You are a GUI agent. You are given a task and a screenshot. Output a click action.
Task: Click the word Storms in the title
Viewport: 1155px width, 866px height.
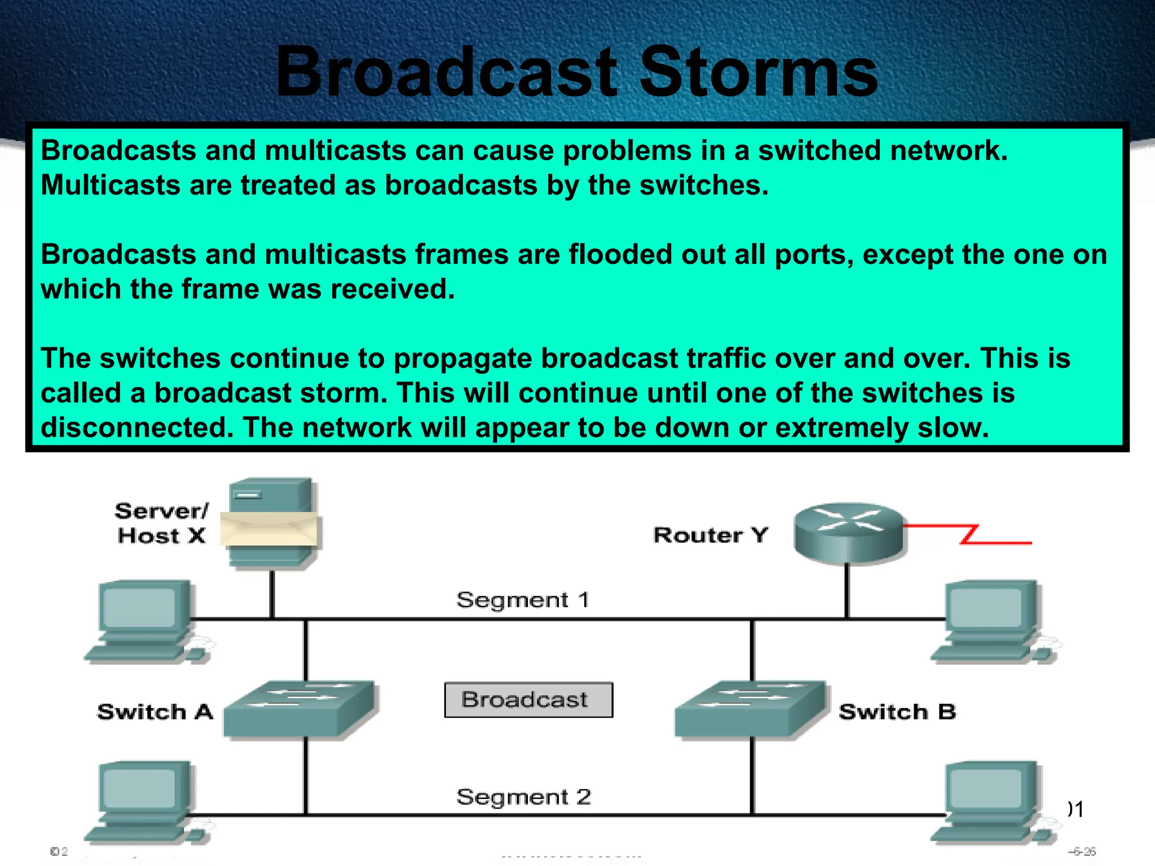click(x=759, y=73)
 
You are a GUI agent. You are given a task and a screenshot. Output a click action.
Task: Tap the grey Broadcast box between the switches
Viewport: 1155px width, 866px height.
click(x=528, y=700)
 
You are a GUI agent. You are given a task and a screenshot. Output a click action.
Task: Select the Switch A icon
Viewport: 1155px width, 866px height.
click(x=300, y=709)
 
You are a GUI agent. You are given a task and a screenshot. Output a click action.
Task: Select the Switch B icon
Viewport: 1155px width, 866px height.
click(x=751, y=709)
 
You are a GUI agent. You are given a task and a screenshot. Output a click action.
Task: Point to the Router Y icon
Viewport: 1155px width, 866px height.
click(x=848, y=532)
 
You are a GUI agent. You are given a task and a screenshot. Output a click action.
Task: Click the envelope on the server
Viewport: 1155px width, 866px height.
click(x=269, y=529)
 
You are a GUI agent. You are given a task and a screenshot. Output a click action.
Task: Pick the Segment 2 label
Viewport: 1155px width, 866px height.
click(x=523, y=797)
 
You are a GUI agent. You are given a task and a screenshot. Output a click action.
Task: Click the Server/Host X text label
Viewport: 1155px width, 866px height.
click(x=161, y=523)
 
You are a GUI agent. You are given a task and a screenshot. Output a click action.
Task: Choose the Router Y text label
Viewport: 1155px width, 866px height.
click(x=711, y=535)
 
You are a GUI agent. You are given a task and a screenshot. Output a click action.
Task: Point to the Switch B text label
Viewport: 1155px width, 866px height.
click(x=897, y=712)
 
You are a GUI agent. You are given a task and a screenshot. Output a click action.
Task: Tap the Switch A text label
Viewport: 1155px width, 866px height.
click(x=155, y=712)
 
